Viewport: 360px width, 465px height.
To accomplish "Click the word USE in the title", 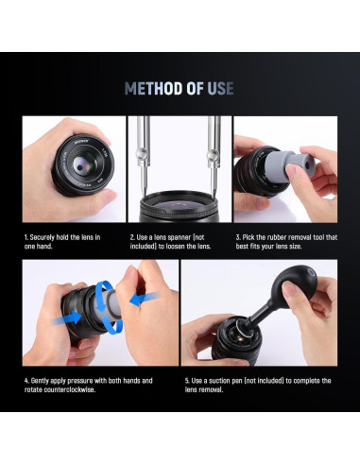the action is pos(220,89).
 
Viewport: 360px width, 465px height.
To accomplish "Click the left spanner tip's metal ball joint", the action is pos(142,155).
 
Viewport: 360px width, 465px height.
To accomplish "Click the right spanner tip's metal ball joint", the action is pos(214,156).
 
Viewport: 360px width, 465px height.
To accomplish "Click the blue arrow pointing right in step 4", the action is pos(66,319).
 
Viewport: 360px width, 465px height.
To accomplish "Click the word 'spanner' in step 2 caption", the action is pos(180,237).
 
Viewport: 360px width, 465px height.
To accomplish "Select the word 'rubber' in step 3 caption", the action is pos(274,237).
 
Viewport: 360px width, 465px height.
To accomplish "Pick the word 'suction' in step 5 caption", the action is pos(219,381).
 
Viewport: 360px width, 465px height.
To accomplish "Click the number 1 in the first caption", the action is pos(26,237).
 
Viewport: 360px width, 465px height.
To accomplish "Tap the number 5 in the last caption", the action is pos(187,381).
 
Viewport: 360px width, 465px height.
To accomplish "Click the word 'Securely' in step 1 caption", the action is pos(43,237).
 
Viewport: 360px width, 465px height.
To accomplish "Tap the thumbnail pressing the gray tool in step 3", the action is pos(291,171).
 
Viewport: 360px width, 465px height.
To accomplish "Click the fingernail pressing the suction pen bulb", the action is pos(287,287).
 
